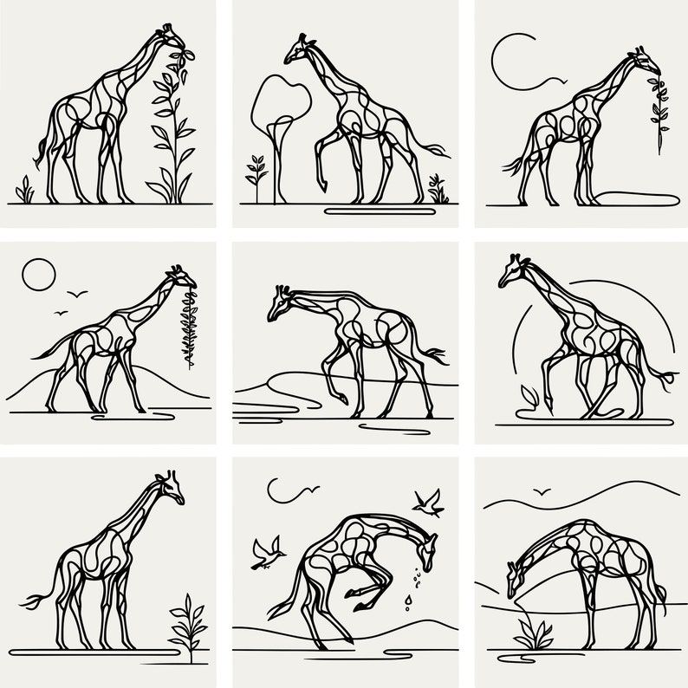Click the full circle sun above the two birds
click(38, 276)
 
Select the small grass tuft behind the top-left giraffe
click(25, 191)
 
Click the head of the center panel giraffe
click(280, 302)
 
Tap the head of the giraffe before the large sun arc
click(510, 270)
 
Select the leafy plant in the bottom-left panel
click(186, 624)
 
